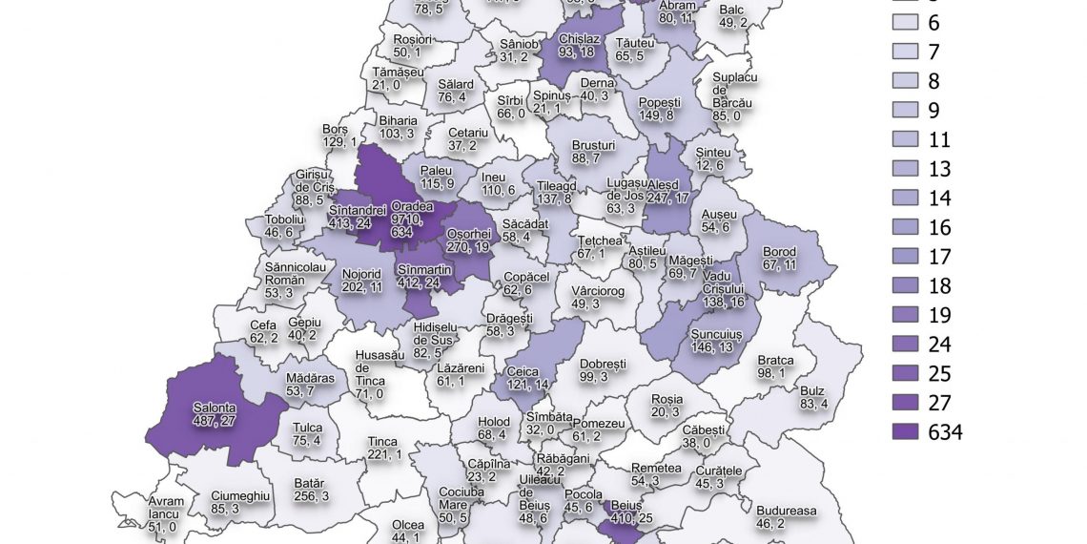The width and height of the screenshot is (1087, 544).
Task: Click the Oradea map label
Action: [x=413, y=214]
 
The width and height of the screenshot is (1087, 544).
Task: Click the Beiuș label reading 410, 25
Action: [x=626, y=510]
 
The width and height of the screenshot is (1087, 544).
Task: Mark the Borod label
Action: [x=779, y=258]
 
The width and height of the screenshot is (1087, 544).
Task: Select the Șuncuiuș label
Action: [x=715, y=342]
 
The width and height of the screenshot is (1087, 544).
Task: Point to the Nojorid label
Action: [x=360, y=278]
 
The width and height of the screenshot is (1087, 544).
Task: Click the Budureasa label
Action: [x=786, y=516]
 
